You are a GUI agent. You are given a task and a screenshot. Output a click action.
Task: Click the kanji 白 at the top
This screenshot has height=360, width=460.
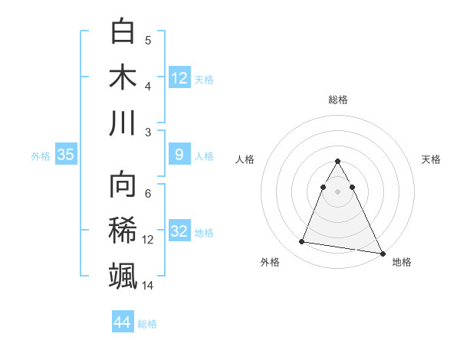tap(123, 32)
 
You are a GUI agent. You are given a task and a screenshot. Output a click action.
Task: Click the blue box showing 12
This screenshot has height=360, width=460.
tap(179, 77)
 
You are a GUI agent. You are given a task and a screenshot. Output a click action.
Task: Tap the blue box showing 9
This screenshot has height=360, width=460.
tap(179, 155)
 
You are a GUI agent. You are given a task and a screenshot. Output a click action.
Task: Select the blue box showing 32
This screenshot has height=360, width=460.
tap(179, 231)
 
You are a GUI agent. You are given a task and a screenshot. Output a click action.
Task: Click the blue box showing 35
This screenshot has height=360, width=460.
tap(66, 155)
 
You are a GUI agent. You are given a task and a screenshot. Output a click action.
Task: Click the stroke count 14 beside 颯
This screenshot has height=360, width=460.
tap(148, 286)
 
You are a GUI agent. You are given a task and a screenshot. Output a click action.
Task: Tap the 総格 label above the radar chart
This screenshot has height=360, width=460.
tap(338, 100)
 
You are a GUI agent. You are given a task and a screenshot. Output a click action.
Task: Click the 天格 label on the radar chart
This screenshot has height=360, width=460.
tap(431, 159)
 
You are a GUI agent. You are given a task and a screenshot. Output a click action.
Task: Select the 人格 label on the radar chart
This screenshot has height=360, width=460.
tap(245, 159)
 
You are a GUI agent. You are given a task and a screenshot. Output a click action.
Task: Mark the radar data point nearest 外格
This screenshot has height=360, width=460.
tap(302, 242)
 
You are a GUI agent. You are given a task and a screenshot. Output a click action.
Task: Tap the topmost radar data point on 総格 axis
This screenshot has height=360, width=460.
tap(338, 162)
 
